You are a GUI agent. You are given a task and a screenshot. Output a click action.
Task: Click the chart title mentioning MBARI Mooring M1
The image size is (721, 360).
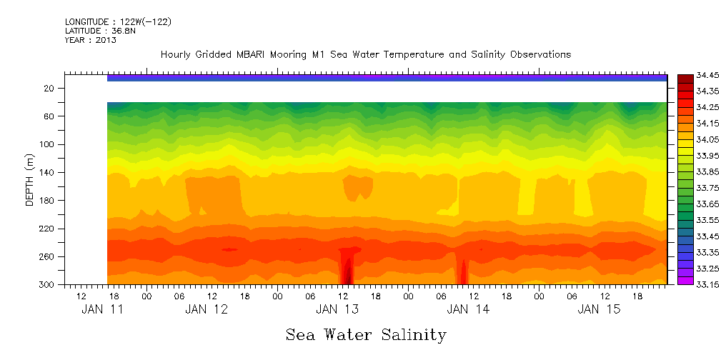tap(365, 55)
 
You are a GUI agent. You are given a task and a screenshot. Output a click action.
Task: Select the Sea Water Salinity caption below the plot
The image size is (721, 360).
tap(366, 335)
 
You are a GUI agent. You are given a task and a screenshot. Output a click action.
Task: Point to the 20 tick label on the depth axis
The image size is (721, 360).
tap(50, 89)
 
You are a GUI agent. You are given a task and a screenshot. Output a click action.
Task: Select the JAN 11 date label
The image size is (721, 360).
tap(102, 309)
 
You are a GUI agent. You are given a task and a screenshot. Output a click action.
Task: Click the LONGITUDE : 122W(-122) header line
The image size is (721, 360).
tap(118, 22)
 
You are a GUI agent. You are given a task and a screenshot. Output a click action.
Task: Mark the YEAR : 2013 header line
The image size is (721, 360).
tap(90, 40)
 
